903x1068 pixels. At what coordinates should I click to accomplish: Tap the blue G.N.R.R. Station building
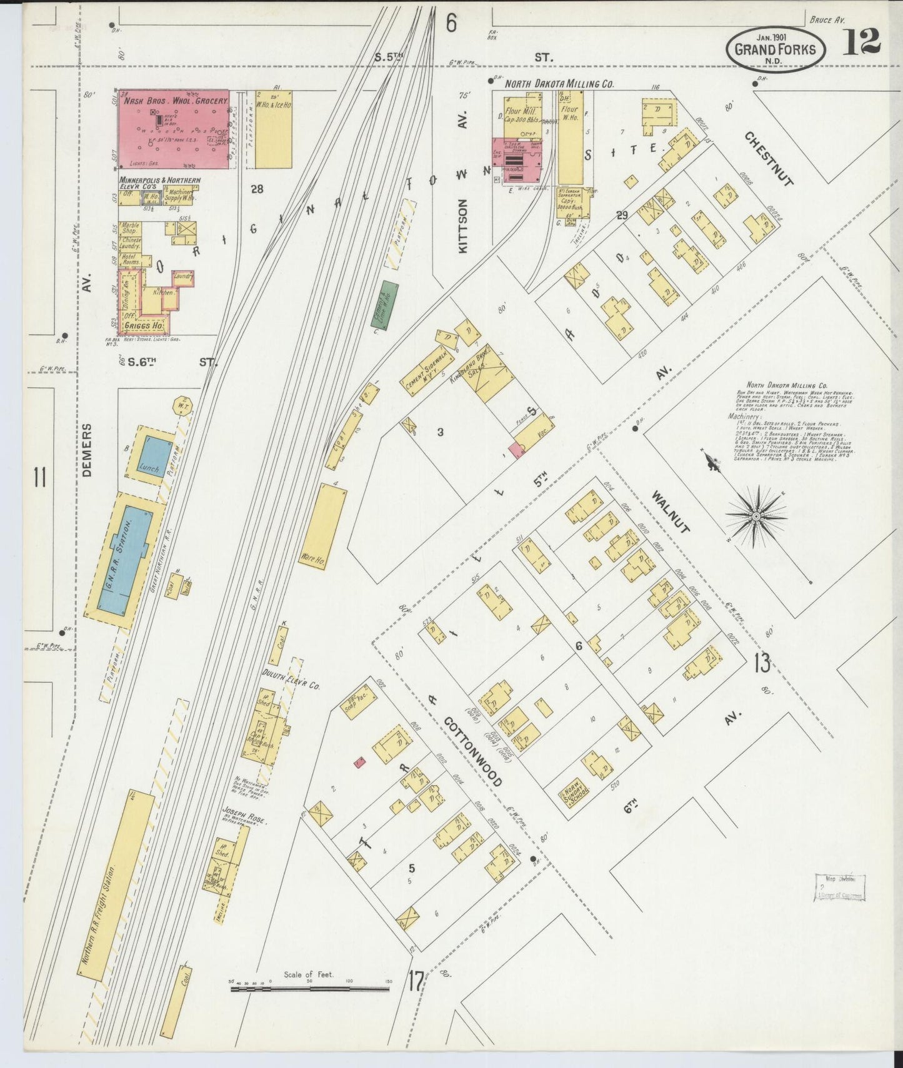click(x=125, y=560)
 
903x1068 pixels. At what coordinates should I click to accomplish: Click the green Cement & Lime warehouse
click(x=386, y=304)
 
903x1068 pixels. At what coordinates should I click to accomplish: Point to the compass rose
click(x=755, y=517)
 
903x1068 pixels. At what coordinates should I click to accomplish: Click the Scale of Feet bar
click(x=309, y=988)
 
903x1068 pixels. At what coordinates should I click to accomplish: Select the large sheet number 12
click(x=861, y=42)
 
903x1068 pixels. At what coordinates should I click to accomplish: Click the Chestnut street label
click(x=769, y=159)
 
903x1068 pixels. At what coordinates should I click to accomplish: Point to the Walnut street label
click(x=671, y=512)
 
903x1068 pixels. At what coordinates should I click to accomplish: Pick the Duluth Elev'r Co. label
click(x=291, y=683)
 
